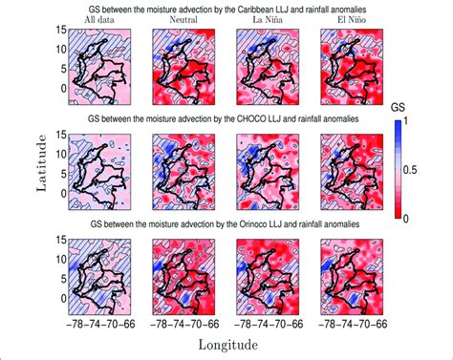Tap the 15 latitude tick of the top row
coord(60,32)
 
